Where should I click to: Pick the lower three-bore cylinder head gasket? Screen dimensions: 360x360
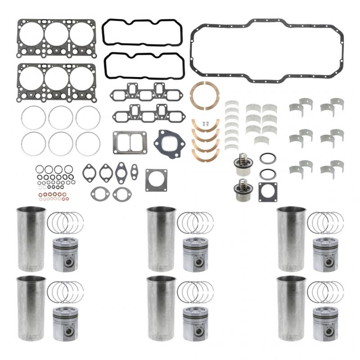57,81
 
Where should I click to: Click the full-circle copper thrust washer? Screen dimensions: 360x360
204,95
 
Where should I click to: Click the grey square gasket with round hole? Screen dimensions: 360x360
156,180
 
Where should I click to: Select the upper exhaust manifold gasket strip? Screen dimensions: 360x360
146,92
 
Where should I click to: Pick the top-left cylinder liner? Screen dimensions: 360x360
31,239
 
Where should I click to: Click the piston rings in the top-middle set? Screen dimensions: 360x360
195,222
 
